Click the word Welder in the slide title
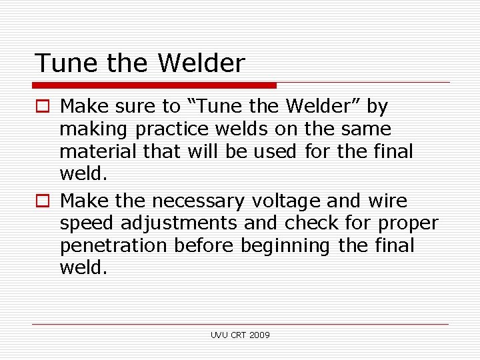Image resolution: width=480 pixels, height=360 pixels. point(201,63)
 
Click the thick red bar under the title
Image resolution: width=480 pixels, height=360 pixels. point(154,85)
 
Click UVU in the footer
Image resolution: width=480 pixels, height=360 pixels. point(219,335)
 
